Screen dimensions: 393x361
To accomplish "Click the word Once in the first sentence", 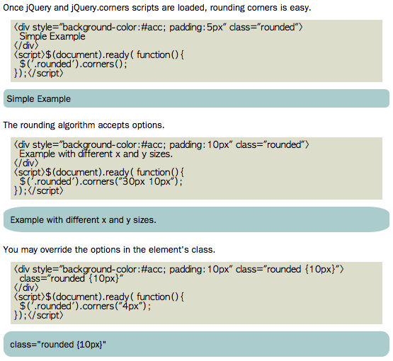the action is tap(13, 8).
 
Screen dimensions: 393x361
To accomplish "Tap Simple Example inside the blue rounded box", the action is tap(39, 99).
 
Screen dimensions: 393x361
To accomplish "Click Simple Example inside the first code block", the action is tap(52, 37).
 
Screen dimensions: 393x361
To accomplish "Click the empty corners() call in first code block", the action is tap(105, 64).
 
